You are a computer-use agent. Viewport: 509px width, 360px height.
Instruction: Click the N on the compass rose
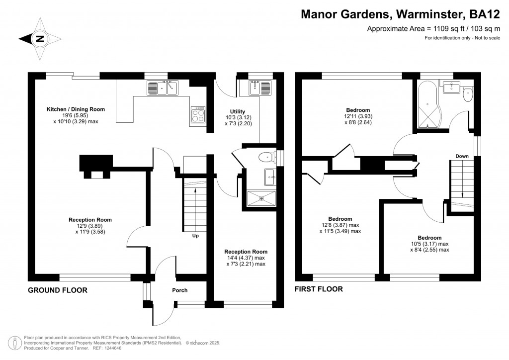[40, 39]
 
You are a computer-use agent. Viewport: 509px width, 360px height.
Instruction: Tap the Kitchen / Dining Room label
[76, 109]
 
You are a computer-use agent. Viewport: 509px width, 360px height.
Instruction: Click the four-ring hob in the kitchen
[198, 114]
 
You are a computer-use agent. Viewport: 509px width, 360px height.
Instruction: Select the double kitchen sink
[163, 88]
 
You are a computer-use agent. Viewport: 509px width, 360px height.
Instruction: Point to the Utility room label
[238, 111]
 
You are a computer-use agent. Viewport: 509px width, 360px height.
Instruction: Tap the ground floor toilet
[267, 158]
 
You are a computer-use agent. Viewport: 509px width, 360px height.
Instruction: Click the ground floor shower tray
[261, 199]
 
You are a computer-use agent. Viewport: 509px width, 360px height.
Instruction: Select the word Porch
[180, 290]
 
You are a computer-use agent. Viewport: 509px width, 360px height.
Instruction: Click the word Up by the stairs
[195, 236]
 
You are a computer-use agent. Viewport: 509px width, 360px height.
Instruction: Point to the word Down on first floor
[462, 156]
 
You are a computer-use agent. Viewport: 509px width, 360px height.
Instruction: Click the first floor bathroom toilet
[468, 94]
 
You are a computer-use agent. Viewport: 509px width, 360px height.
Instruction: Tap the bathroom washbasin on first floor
[451, 87]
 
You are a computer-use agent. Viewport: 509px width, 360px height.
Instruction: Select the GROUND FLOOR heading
[58, 290]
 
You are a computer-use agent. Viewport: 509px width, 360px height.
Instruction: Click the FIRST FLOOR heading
[319, 289]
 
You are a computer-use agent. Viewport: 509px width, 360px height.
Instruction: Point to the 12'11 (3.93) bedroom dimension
[358, 116]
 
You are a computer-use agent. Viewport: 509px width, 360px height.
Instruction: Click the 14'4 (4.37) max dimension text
[246, 258]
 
